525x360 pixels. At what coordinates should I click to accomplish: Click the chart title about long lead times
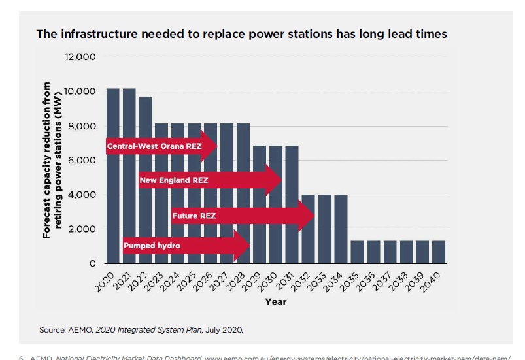241,34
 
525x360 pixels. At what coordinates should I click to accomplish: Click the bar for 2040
439,252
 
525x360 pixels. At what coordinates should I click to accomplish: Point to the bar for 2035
357,252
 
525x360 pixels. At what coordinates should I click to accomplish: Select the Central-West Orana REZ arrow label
154,146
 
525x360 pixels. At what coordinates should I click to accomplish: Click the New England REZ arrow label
174,179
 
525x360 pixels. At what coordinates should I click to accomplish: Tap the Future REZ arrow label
194,214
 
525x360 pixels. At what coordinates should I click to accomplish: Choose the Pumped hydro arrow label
151,246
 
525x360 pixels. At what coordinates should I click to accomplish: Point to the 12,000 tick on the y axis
80,57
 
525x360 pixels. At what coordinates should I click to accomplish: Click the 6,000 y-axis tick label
82,161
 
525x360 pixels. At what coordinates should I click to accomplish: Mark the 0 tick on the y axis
92,264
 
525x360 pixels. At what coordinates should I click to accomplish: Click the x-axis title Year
275,302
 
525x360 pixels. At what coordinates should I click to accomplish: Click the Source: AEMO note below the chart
141,330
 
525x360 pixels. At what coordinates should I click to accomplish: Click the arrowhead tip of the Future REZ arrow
315,215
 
